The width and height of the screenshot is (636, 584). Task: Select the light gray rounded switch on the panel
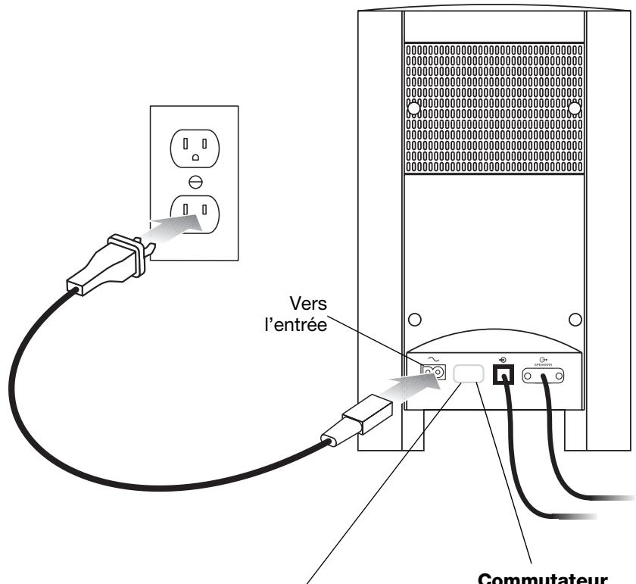[469, 373]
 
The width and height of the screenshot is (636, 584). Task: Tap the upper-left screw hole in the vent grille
[413, 108]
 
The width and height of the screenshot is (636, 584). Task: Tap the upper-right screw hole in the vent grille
[574, 108]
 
